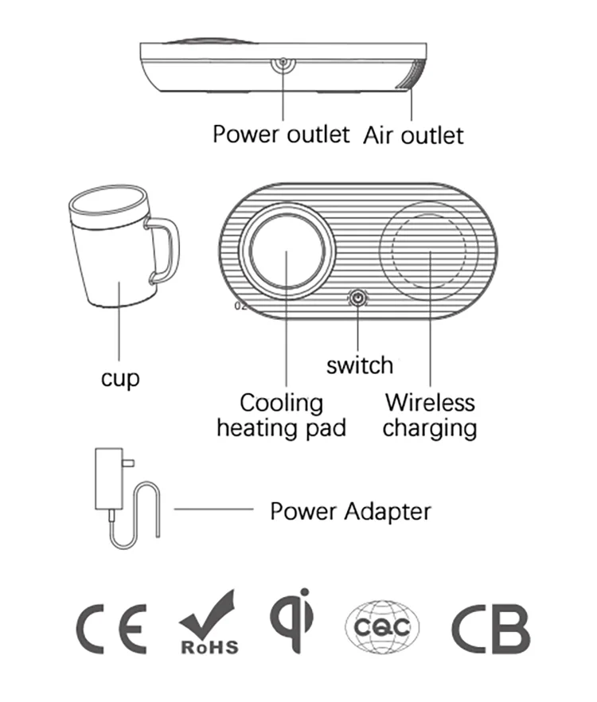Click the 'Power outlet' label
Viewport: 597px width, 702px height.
(280, 134)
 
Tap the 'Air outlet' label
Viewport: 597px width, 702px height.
(413, 135)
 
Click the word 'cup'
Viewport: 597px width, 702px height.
(120, 377)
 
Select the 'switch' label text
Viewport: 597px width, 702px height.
(360, 365)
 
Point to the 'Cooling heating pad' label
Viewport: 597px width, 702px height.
(282, 415)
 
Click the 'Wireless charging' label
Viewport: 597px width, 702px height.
(430, 415)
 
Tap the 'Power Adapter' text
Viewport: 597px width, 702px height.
(350, 510)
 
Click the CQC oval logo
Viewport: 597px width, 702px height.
(382, 628)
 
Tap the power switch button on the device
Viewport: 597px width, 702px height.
(357, 298)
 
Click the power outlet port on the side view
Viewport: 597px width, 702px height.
(283, 64)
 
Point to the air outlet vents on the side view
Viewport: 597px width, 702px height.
(412, 76)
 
